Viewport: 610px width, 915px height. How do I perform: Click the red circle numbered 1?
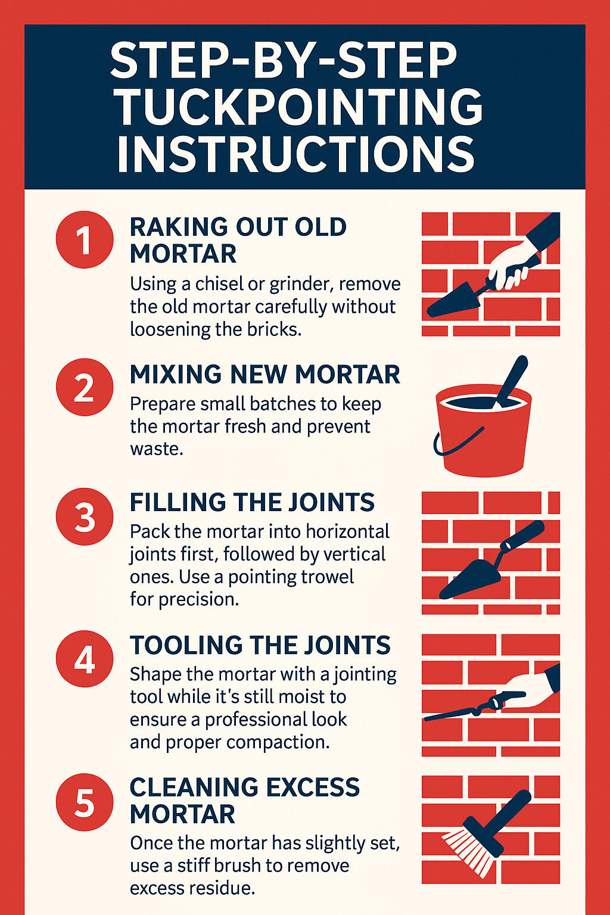click(84, 240)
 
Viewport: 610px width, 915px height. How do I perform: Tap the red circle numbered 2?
click(84, 387)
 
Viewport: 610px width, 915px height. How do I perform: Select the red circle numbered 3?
click(84, 516)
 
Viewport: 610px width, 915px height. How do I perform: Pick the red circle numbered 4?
click(84, 659)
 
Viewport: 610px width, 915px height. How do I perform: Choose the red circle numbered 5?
click(84, 802)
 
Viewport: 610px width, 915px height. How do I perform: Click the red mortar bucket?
click(483, 438)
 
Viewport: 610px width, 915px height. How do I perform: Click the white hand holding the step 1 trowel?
click(510, 262)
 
